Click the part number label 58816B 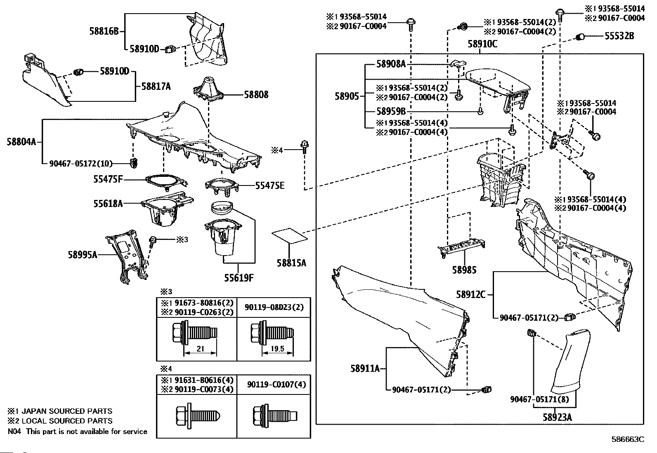(104, 31)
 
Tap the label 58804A (21, 142)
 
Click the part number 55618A (108, 203)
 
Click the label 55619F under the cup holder (238, 278)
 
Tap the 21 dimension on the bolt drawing (200, 349)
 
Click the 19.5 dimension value (277, 349)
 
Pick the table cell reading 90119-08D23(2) (274, 307)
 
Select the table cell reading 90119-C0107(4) (274, 385)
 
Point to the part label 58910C (482, 44)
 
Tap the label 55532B (619, 36)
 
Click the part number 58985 (464, 270)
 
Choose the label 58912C (471, 295)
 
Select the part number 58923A (557, 417)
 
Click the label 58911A (365, 369)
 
